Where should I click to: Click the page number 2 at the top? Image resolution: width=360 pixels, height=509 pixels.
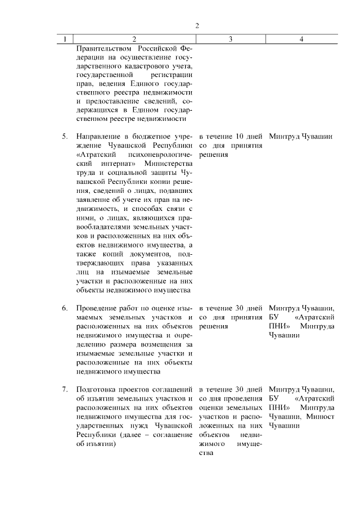(x=197, y=25)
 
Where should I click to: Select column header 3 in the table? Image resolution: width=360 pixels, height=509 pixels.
(x=231, y=39)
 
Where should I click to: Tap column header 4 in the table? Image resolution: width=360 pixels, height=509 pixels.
(x=302, y=39)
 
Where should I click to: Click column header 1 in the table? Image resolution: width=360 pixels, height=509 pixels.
(x=65, y=39)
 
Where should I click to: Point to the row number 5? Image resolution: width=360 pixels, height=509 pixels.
(x=65, y=137)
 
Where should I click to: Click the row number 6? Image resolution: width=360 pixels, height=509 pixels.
(x=65, y=308)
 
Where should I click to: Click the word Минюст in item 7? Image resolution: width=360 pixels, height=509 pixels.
(x=322, y=417)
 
